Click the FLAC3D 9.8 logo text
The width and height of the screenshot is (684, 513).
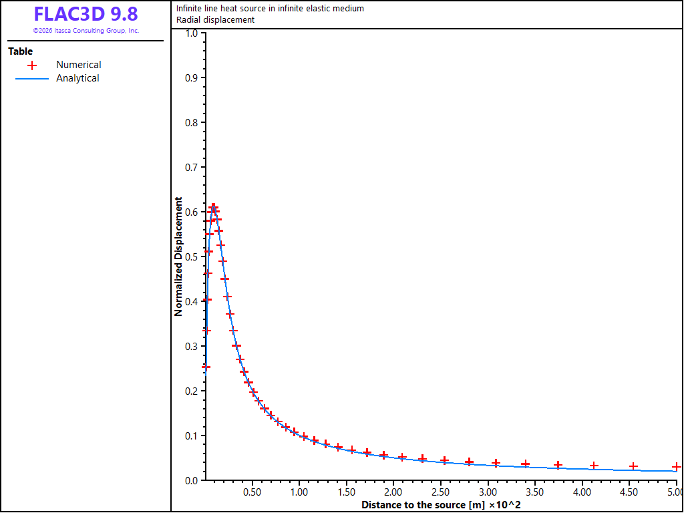[x=86, y=15]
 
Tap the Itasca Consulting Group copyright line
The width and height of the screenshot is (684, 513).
[x=86, y=31]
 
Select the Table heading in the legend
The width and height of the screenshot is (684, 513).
[x=21, y=51]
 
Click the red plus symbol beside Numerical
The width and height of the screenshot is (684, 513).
[x=31, y=65]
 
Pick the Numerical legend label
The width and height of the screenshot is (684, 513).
[x=79, y=65]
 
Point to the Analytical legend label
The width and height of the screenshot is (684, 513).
[x=77, y=78]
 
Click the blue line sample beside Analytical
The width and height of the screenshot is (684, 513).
[x=31, y=79]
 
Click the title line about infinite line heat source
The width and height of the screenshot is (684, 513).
[x=270, y=8]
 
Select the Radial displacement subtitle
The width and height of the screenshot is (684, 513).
[x=216, y=19]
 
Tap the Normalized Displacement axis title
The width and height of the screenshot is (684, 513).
[x=178, y=256]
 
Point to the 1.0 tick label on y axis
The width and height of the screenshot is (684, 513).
[x=192, y=33]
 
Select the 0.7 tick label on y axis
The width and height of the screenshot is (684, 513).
[x=192, y=167]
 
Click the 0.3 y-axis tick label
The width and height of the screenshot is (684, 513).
[x=192, y=346]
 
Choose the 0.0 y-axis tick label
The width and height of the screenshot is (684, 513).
[x=192, y=480]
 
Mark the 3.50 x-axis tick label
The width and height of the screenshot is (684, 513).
[x=535, y=492]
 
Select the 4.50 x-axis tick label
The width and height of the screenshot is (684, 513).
[x=629, y=492]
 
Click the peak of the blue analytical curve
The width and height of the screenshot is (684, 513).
[x=213, y=207]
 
